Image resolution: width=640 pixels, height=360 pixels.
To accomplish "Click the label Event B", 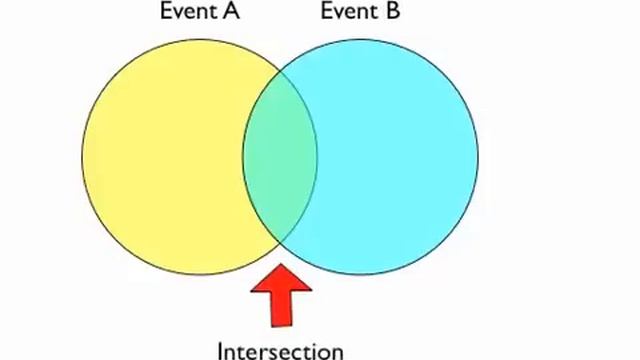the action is [360, 13].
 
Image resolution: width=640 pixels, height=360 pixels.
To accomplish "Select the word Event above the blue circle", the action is [346, 13].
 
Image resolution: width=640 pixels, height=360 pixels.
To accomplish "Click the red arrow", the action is [281, 295].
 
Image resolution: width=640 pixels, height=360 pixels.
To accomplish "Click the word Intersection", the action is [280, 350].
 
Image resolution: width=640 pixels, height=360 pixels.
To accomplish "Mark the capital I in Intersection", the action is [221, 350].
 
